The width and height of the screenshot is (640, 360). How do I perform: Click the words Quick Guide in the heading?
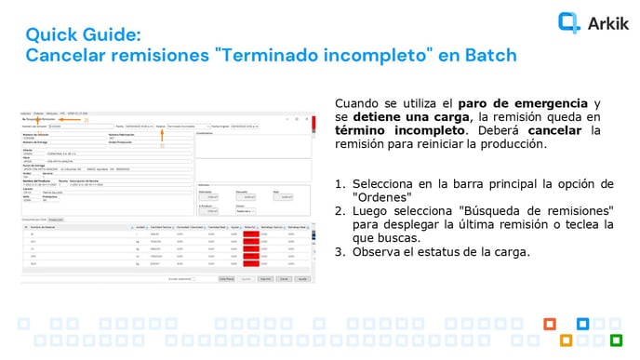(83, 35)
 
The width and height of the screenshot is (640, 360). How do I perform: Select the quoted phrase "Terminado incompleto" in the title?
(322, 56)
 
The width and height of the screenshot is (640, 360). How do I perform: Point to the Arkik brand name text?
(608, 23)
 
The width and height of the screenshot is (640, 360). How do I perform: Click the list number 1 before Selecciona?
(340, 183)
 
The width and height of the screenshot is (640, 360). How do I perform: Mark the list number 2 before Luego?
(340, 211)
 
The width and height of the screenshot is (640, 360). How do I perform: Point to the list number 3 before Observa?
(340, 251)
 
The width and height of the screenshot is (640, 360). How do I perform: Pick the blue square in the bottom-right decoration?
(583, 324)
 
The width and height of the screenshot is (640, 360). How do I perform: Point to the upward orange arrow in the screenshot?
(162, 136)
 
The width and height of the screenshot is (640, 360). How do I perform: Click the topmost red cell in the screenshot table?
(251, 233)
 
